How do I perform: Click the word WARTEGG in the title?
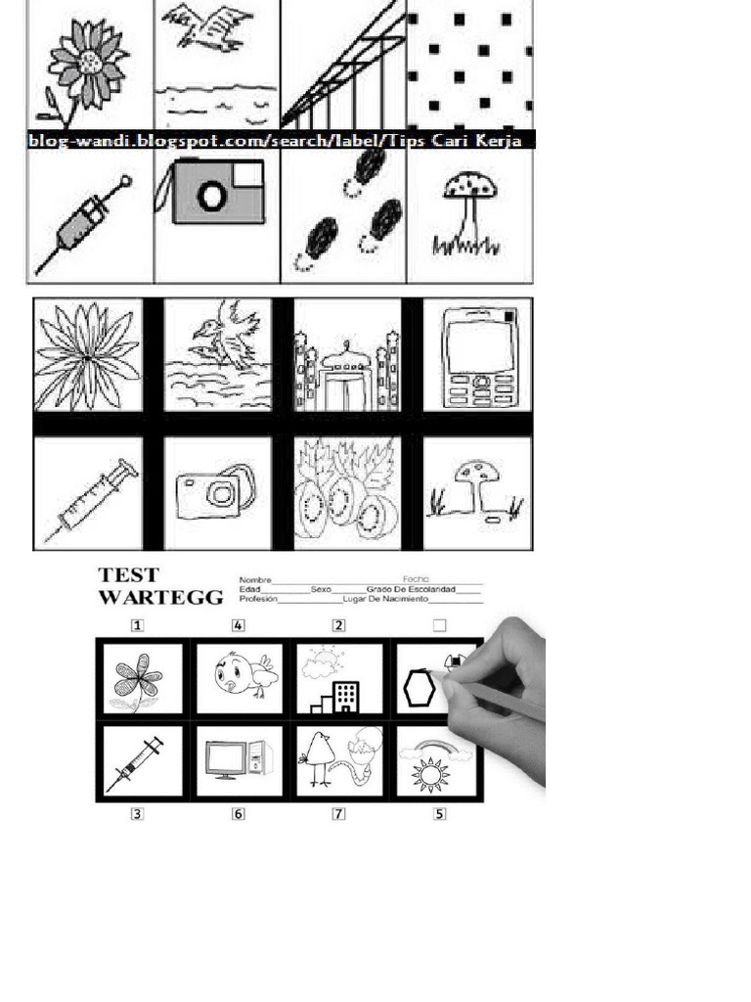pos(161,598)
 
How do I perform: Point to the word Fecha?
pos(416,579)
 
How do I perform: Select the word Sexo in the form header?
pos(322,590)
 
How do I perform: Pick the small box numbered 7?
pos(338,813)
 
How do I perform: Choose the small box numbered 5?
pos(439,813)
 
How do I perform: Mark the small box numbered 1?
pos(139,625)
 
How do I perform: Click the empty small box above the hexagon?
pos(439,625)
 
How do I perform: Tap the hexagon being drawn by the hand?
pos(420,687)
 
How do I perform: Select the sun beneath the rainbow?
pos(430,774)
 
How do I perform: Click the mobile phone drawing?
pos(477,355)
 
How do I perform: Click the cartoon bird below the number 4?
pos(238,674)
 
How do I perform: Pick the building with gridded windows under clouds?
pos(345,697)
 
